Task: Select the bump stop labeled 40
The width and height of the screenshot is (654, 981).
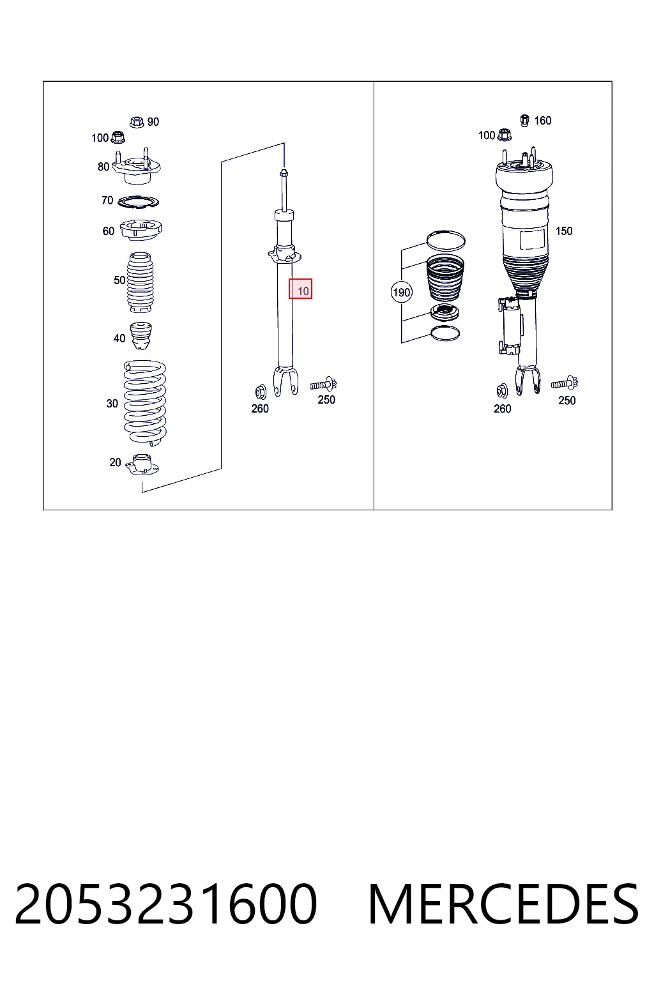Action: (x=141, y=336)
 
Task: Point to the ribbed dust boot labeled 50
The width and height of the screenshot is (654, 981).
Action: (x=140, y=282)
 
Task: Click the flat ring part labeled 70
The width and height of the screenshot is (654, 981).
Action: (x=139, y=201)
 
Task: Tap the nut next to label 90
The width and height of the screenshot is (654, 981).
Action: (x=137, y=122)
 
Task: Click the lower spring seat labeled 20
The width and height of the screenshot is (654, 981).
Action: (x=142, y=465)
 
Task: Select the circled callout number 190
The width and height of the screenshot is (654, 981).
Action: (x=401, y=292)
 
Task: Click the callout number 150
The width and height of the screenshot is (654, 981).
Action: (x=564, y=231)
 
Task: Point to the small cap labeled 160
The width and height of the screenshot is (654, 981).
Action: (x=524, y=121)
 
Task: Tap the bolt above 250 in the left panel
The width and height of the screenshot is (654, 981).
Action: (x=323, y=384)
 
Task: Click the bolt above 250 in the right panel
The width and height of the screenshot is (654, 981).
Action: (x=565, y=383)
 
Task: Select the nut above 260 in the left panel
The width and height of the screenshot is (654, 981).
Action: (x=260, y=392)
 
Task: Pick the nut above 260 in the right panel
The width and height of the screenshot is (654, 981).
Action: (x=502, y=391)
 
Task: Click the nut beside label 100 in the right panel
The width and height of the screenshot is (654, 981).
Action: (x=505, y=135)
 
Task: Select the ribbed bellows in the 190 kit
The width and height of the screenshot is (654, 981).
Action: (x=445, y=278)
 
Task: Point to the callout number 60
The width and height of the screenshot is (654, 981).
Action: (x=108, y=231)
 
